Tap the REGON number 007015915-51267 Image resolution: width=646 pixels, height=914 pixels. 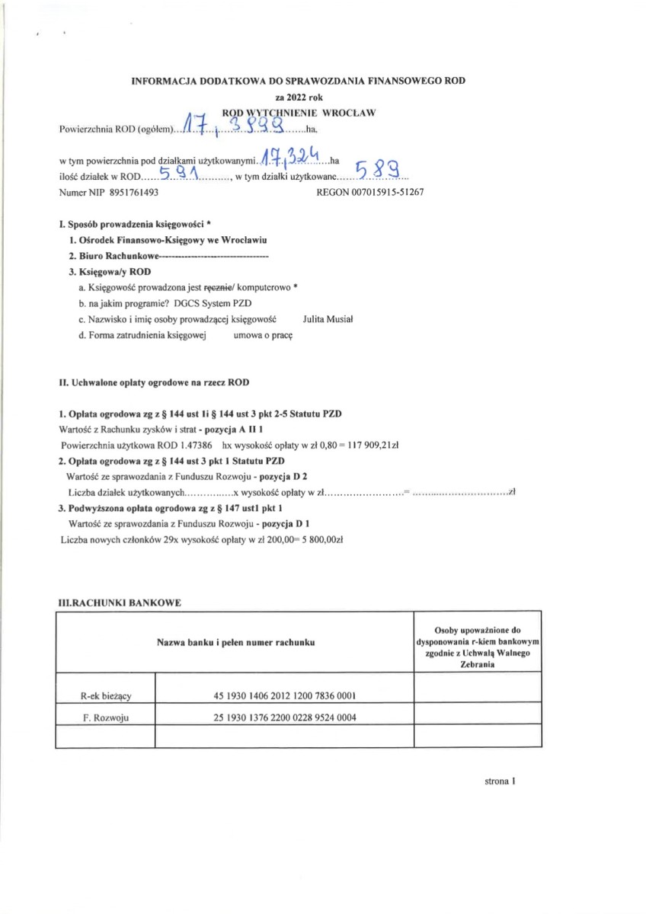(x=387, y=193)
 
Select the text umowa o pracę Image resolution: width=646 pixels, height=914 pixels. (x=263, y=336)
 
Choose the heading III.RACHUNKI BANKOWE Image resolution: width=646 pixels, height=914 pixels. (x=120, y=602)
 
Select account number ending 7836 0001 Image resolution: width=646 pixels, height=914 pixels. (x=284, y=695)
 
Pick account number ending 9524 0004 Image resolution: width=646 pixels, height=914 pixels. (x=284, y=717)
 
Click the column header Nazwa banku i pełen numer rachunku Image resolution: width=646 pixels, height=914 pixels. (x=235, y=643)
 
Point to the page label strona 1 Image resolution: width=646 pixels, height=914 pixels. (x=500, y=781)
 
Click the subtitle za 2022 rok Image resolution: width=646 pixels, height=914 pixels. (x=299, y=97)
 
